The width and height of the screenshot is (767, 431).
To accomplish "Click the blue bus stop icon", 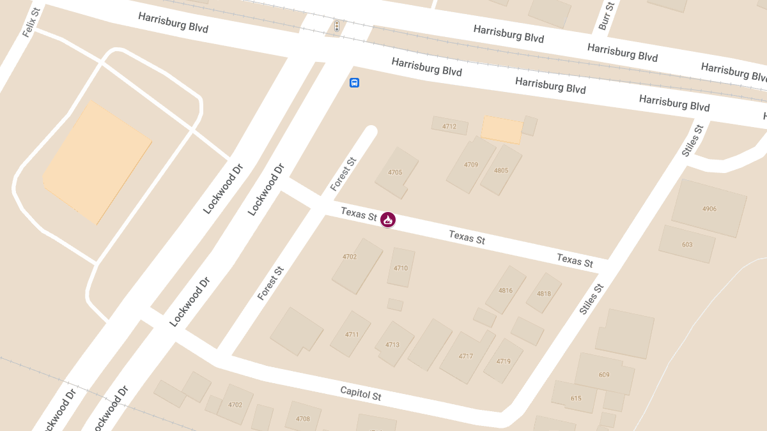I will click(x=354, y=82).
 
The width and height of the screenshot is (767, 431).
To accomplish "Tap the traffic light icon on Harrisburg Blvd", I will click(x=337, y=26).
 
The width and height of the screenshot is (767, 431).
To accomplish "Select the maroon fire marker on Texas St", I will click(x=387, y=220).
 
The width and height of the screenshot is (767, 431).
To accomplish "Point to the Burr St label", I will click(x=606, y=16).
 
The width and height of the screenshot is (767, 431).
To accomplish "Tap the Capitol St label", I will click(x=360, y=393).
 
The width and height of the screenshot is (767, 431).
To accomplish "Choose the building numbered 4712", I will click(x=449, y=126).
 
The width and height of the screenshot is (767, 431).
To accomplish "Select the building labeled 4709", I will click(x=471, y=165).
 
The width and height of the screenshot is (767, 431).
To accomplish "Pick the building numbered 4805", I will click(x=501, y=170).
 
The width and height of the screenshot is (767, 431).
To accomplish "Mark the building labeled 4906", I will click(x=709, y=209).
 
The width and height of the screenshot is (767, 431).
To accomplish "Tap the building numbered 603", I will click(x=687, y=245).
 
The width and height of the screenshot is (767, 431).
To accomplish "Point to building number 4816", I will click(x=505, y=291).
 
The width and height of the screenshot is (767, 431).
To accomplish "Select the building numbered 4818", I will click(x=543, y=294).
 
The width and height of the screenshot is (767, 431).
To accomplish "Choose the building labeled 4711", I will click(x=352, y=335).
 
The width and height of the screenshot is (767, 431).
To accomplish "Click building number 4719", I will click(x=503, y=361).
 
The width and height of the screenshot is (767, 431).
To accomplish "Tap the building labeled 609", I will click(x=604, y=375).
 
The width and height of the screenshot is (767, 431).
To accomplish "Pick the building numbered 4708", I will click(x=303, y=419).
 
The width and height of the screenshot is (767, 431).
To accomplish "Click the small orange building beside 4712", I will click(x=502, y=129).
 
